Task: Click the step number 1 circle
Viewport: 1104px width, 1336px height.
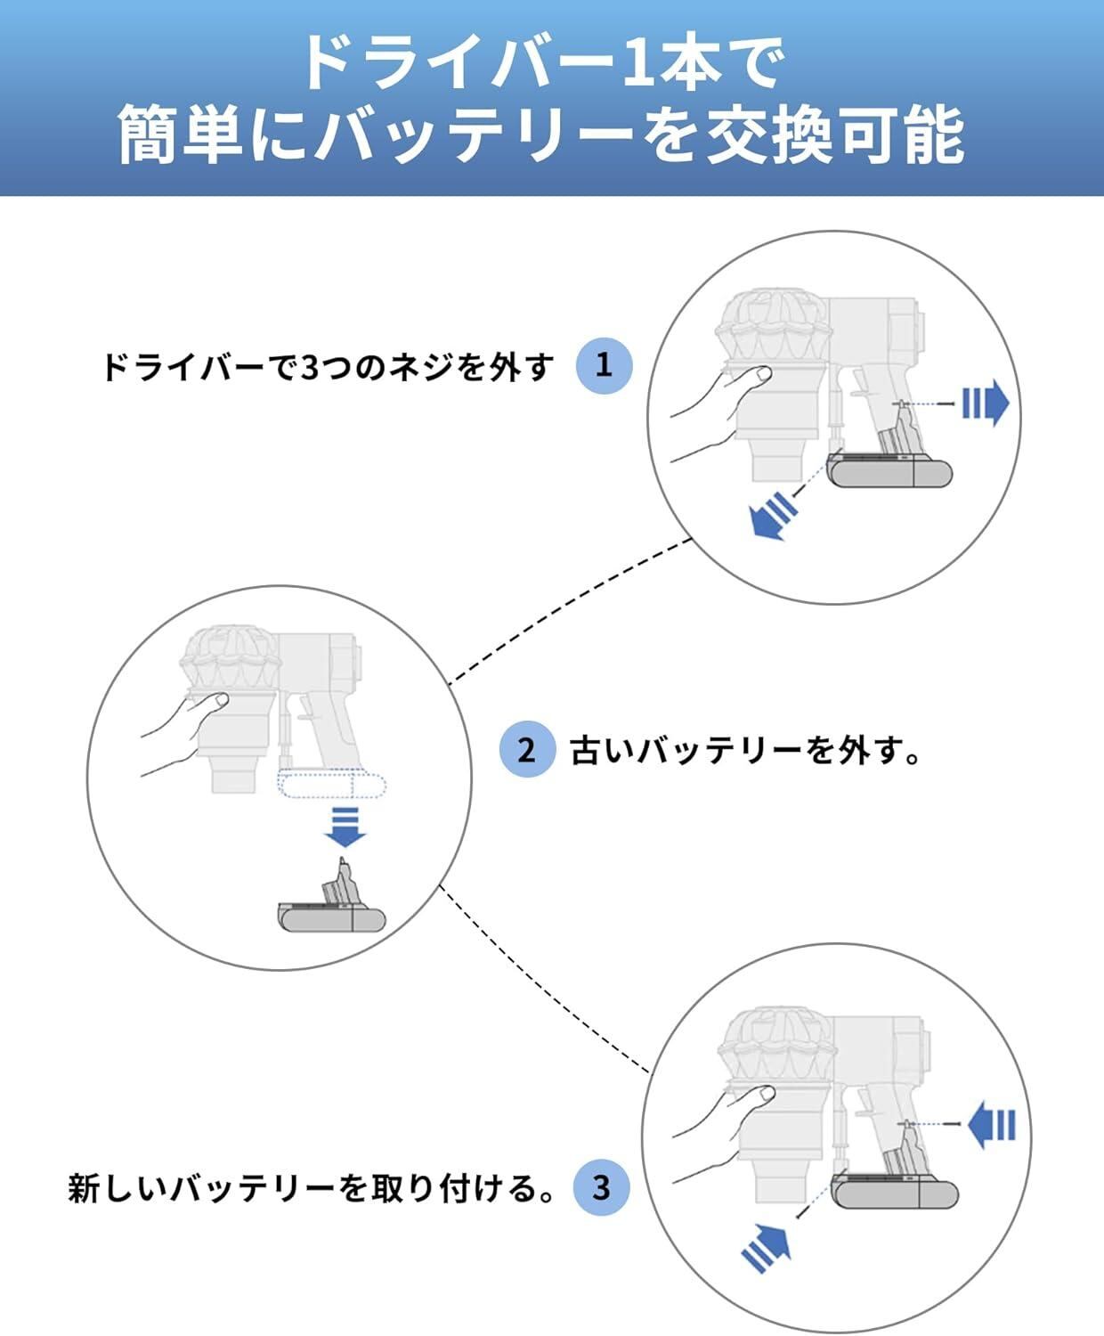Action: (604, 365)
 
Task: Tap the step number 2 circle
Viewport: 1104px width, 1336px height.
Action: (526, 749)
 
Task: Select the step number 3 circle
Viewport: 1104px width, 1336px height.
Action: (601, 1187)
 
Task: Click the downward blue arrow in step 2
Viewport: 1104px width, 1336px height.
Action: (346, 827)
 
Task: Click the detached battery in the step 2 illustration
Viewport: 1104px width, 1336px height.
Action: (332, 896)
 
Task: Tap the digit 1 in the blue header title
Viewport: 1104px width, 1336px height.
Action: (636, 62)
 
